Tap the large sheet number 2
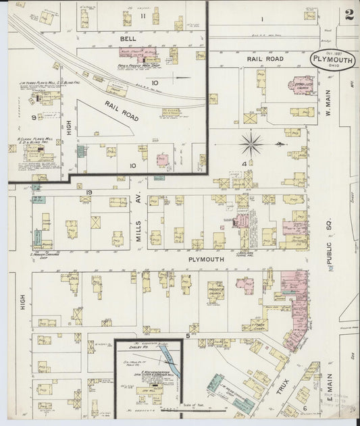coord(349,15)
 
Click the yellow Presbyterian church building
coord(216,290)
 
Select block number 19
coord(88,193)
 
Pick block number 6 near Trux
coord(305,408)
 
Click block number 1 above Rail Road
coord(261,20)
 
